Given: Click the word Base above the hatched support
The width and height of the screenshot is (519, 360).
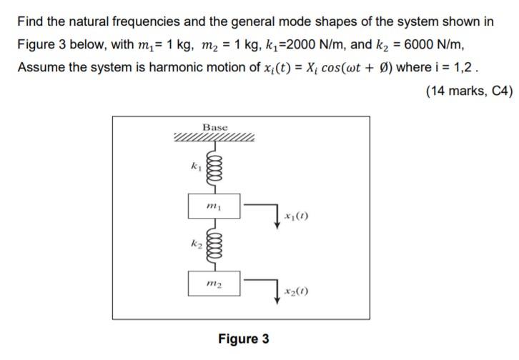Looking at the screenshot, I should coord(214,127).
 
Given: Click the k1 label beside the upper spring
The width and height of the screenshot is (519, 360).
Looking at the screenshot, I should coord(192,165).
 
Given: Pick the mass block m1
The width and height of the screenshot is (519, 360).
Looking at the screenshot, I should coord(214,206).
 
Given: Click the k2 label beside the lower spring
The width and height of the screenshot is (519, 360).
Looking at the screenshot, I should coord(192,244).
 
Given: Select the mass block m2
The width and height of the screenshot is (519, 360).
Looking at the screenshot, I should coord(214,284).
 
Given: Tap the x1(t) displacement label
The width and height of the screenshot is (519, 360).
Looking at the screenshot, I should coord(296,216).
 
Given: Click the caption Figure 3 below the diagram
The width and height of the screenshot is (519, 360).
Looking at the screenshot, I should coord(244,338).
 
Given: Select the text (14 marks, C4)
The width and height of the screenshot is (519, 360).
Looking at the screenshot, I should coord(469,91).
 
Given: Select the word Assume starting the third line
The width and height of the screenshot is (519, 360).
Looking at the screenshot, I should coord(41,69).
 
